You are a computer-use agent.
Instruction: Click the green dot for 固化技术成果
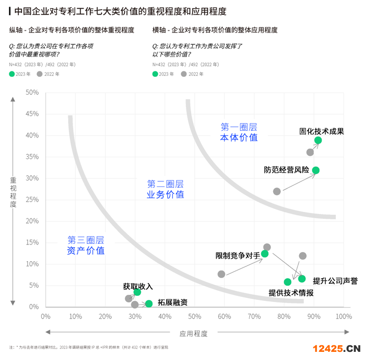[x=318, y=141]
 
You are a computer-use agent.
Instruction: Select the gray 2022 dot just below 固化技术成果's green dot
[x=310, y=152]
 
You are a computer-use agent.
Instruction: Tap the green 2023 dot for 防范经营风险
[x=316, y=170]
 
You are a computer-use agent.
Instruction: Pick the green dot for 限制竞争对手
[x=265, y=254]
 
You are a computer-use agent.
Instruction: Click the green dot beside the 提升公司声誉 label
[x=302, y=279]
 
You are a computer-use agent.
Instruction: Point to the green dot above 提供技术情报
[x=287, y=282]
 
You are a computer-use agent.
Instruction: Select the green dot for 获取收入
[x=137, y=292]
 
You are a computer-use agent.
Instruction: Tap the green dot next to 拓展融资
[x=149, y=303]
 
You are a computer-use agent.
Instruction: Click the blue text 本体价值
[x=239, y=137]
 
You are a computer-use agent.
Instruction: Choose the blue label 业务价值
[x=165, y=195]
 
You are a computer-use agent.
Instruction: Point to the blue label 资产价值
[x=86, y=251]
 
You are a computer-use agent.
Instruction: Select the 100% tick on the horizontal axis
[x=344, y=317]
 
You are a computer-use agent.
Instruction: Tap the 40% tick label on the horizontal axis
[x=165, y=317]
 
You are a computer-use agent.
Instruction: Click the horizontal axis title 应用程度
[x=193, y=334]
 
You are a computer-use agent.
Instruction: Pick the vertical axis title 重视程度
[x=13, y=192]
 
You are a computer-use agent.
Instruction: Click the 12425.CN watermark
[x=336, y=349]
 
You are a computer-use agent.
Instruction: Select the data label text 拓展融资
[x=172, y=302]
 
